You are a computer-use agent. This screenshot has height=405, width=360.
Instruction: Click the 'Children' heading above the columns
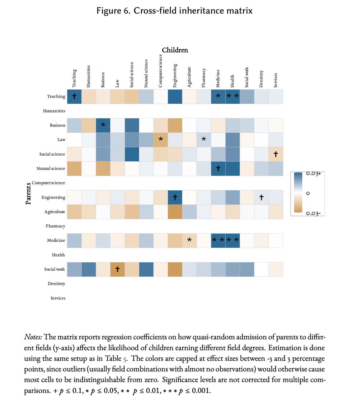175,50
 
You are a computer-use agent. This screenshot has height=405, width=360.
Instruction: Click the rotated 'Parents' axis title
28,193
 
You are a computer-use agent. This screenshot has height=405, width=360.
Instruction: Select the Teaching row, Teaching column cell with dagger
74,97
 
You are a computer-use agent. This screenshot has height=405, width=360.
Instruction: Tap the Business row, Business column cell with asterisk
103,125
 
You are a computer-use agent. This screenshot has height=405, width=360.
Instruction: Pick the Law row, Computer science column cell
161,140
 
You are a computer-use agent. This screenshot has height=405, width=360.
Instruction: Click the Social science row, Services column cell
276,154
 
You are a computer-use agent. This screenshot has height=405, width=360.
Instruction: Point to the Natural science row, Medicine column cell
218,168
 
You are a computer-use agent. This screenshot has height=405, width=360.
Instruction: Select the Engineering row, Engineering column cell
175,197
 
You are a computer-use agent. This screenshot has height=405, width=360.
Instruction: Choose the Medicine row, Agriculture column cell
189,240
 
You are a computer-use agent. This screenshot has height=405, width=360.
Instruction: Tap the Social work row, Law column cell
117,269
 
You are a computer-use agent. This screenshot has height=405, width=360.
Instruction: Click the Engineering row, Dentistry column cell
261,197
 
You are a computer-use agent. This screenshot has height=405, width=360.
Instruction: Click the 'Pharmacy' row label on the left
55,226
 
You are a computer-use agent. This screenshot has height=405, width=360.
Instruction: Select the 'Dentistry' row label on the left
56,283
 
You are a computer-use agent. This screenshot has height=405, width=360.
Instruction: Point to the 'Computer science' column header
161,70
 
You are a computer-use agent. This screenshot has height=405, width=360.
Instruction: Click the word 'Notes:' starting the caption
33,337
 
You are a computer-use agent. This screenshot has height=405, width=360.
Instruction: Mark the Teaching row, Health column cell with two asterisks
232,97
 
